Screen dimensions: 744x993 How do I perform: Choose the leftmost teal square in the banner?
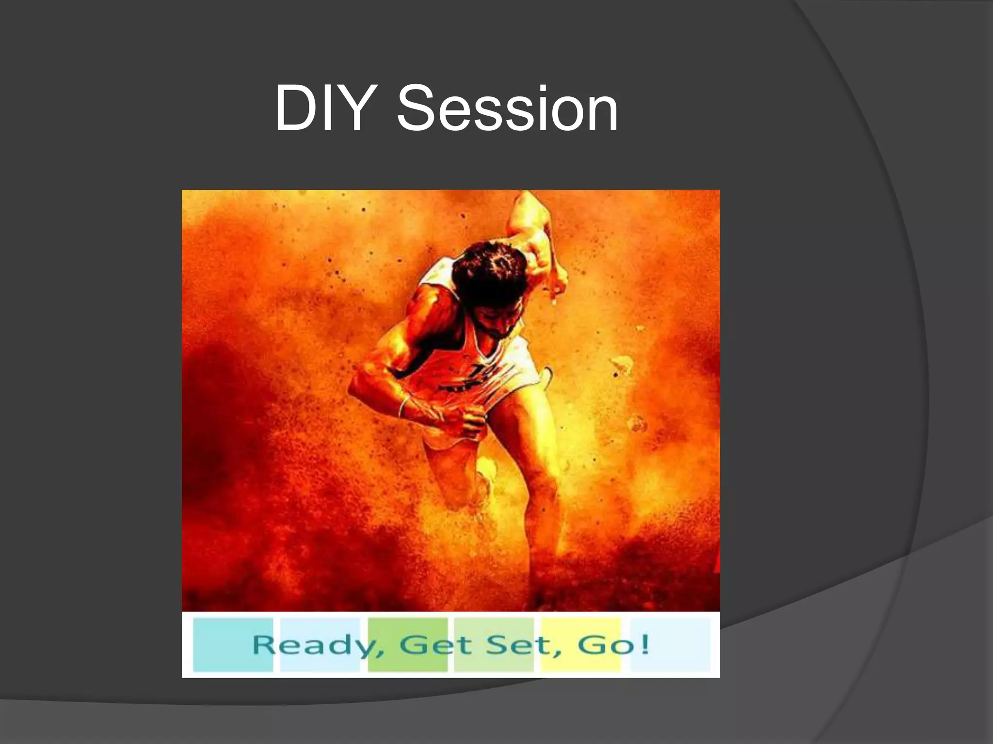(233, 645)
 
